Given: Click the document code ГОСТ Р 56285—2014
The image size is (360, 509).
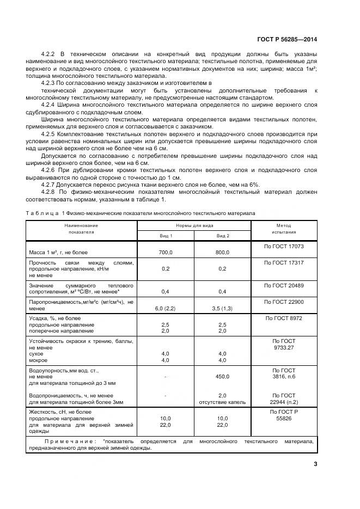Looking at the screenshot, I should pos(286,39).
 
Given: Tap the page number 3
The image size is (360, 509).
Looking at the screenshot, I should pos(315,464).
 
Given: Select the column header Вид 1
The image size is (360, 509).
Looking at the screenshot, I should pos(166,235).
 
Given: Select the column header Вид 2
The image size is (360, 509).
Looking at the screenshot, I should pos(223,235).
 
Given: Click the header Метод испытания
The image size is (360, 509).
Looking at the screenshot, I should pos(283,229).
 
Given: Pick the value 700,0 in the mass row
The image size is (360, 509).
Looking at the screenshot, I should pos(166,253).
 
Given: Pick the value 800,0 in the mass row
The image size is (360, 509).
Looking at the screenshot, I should pos(223,253).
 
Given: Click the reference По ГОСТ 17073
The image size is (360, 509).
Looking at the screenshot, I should pos(283,246).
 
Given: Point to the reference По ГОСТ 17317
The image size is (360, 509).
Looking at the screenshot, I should pos(283,262).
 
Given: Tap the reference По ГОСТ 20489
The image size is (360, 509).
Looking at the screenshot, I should pos(283,285).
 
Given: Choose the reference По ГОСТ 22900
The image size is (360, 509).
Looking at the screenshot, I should pos(283,302).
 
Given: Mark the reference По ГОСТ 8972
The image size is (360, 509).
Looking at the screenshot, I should pos(283,318).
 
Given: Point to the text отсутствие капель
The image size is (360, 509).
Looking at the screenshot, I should pos(223,402).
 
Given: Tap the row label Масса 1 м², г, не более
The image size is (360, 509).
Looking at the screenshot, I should pos(58,253).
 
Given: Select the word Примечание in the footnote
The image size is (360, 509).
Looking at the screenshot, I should pos(70,441).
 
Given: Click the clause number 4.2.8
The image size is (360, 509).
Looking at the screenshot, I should pos(50,192).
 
